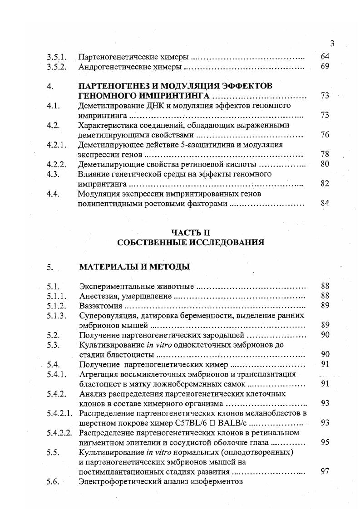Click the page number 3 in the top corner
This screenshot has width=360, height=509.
point(332,44)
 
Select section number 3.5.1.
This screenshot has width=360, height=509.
point(57,58)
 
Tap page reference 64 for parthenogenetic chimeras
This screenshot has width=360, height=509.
point(325,57)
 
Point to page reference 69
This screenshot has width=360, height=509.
point(325,67)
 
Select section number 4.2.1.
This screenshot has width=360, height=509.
point(57,145)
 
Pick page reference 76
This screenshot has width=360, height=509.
point(325,135)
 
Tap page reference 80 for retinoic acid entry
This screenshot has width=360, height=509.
point(325,164)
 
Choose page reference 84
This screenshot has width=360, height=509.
point(325,203)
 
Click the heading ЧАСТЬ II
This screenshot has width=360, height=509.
point(190,233)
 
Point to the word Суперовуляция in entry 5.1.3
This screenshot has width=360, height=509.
point(106,316)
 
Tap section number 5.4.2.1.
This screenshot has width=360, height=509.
point(59,413)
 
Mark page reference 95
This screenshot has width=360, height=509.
point(325,442)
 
